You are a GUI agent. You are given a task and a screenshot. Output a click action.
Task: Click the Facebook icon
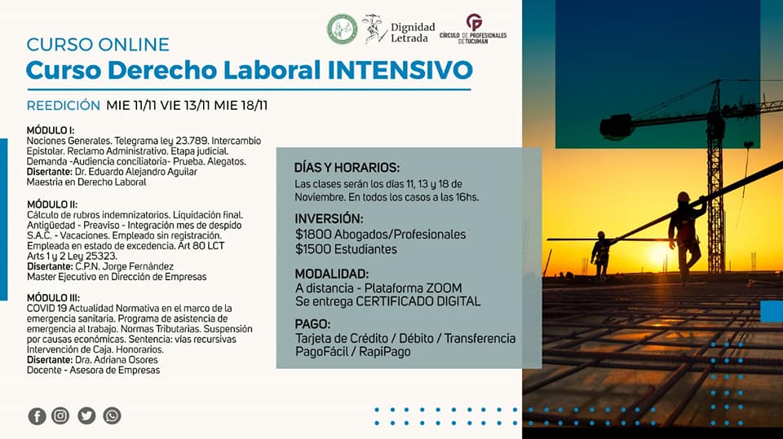tap(37, 416)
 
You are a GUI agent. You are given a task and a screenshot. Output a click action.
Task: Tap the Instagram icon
tap(60, 415)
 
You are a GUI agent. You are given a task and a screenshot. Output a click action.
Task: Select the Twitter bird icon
tap(86, 415)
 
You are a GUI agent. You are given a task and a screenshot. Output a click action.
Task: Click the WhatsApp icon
tap(112, 415)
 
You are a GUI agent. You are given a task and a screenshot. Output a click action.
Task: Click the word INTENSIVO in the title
tap(400, 70)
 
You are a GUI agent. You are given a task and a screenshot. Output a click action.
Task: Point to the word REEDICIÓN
tap(64, 106)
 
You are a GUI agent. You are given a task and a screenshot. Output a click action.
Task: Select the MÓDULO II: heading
tap(52, 204)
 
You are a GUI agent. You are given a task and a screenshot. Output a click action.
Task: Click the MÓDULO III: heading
tap(53, 298)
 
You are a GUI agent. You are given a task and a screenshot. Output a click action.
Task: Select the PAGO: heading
tap(312, 324)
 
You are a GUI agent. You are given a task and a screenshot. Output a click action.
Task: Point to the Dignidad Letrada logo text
tap(413, 33)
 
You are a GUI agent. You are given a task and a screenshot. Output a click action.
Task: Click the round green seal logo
tap(342, 29)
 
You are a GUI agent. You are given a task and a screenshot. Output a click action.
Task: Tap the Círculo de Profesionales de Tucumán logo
tap(473, 29)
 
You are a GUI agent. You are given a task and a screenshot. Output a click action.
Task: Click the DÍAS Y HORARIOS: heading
tap(347, 168)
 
